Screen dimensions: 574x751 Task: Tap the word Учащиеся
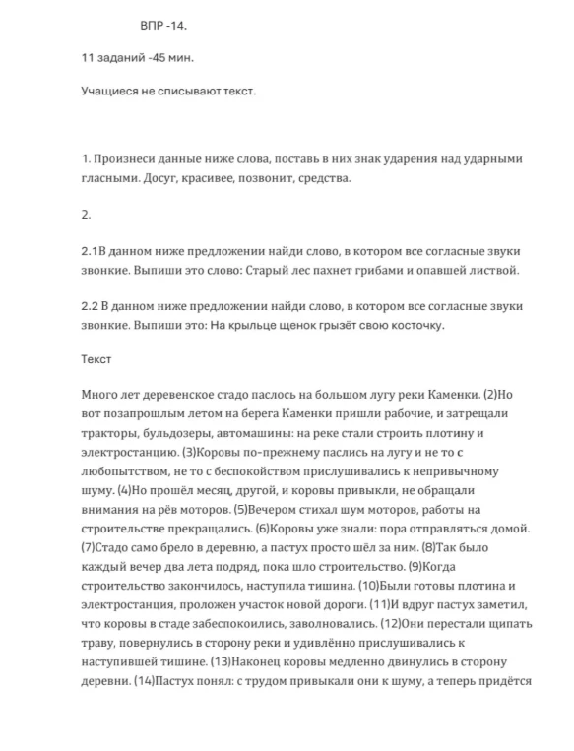(x=111, y=92)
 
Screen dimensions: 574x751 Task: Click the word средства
(x=323, y=178)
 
